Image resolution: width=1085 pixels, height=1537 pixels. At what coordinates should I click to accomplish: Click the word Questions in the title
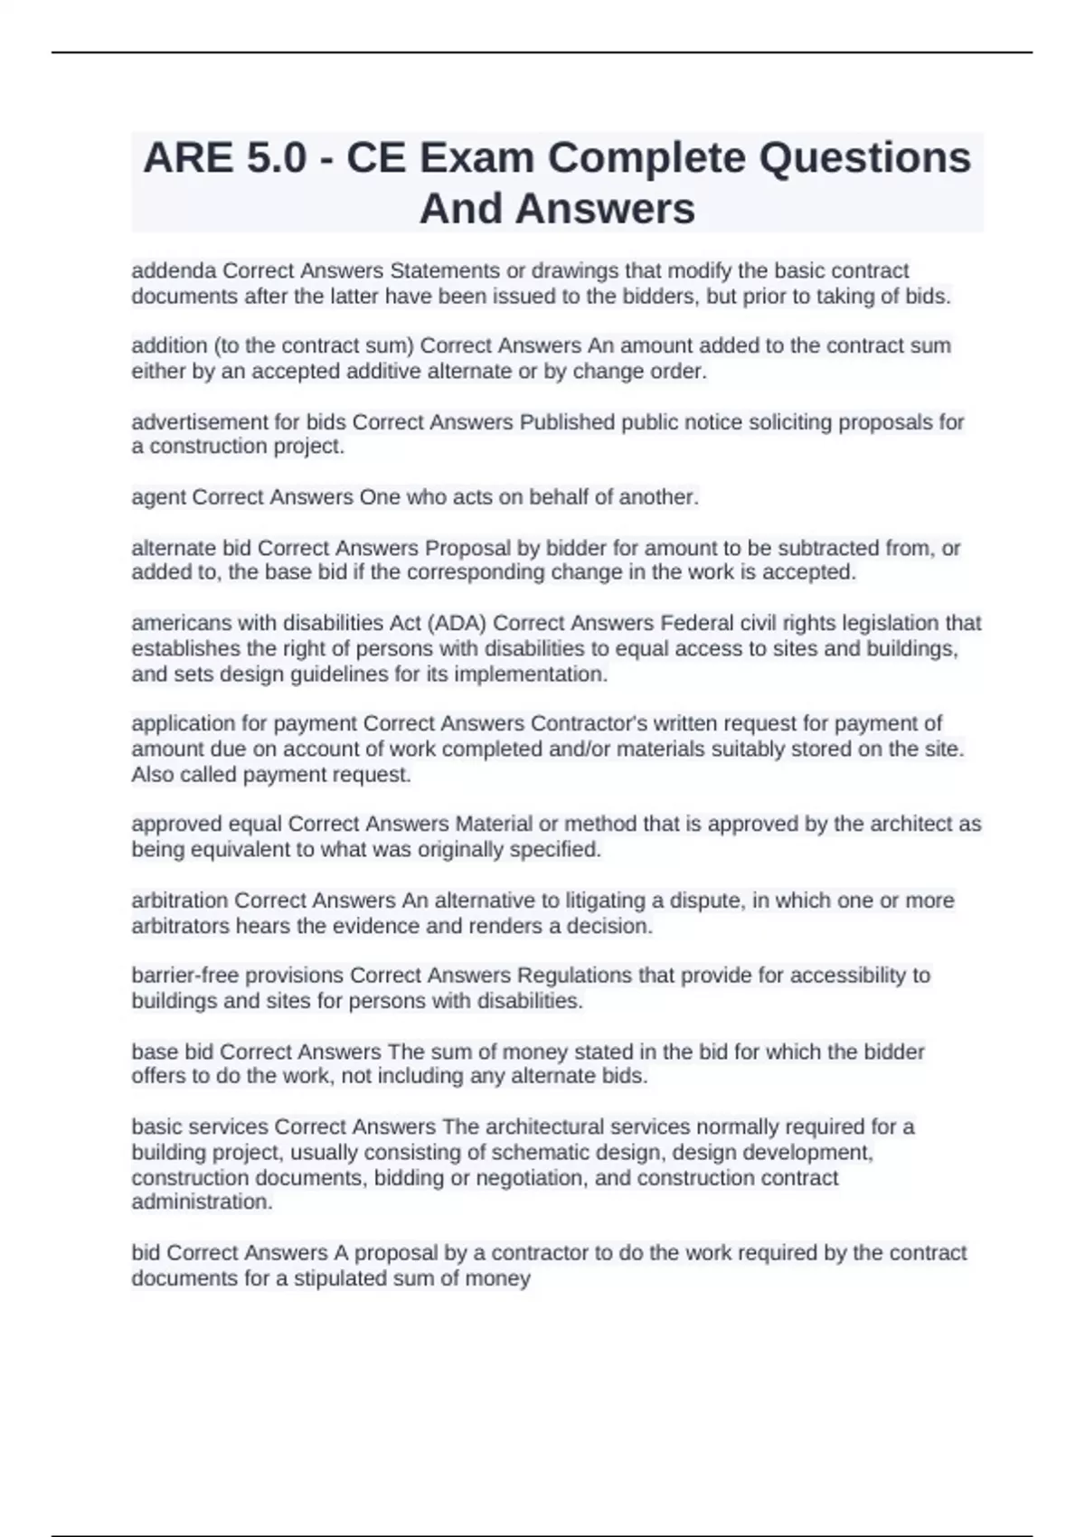point(864,159)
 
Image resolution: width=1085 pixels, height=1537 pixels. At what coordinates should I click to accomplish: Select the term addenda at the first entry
point(174,271)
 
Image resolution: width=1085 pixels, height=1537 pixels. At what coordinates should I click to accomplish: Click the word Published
point(566,422)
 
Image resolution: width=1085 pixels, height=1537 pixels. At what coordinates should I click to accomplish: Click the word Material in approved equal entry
point(494,824)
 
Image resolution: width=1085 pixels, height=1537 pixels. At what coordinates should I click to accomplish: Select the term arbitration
point(179,901)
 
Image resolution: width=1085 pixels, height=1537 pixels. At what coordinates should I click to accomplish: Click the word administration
point(202,1202)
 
